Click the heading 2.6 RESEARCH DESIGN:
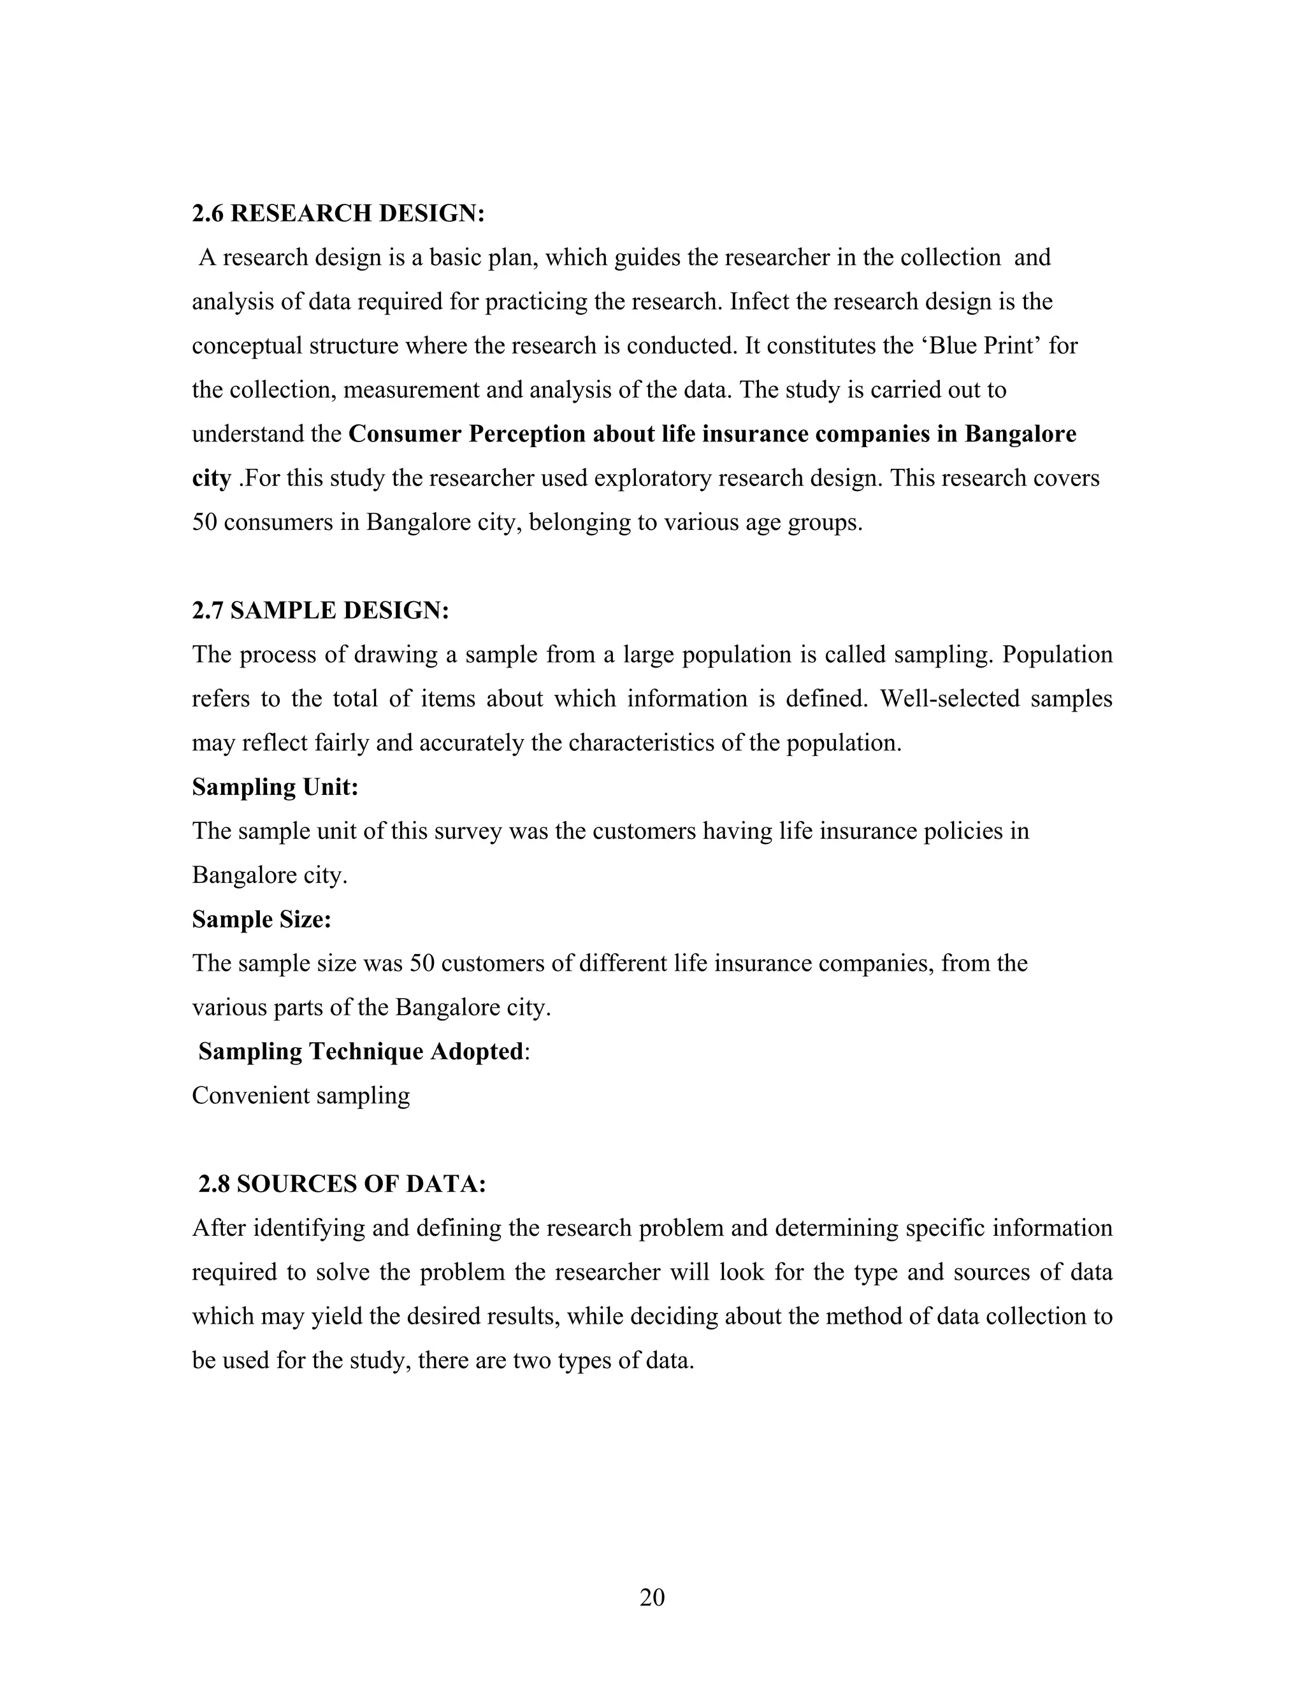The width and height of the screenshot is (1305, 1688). pos(338,213)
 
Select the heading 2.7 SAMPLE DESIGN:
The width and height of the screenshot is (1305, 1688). pos(320,611)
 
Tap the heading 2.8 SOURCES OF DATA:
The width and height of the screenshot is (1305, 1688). pos(342,1184)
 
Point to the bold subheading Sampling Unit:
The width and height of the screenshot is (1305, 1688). pos(275,787)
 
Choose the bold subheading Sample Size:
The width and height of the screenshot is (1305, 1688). pos(261,919)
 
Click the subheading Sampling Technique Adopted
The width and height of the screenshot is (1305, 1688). pos(360,1051)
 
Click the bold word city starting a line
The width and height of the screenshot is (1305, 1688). pos(211,478)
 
